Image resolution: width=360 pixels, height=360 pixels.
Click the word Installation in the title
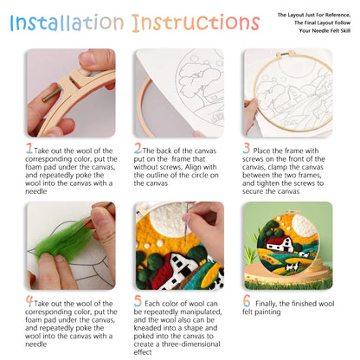[x=61, y=22]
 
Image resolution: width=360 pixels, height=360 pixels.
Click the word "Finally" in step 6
[x=278, y=305]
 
